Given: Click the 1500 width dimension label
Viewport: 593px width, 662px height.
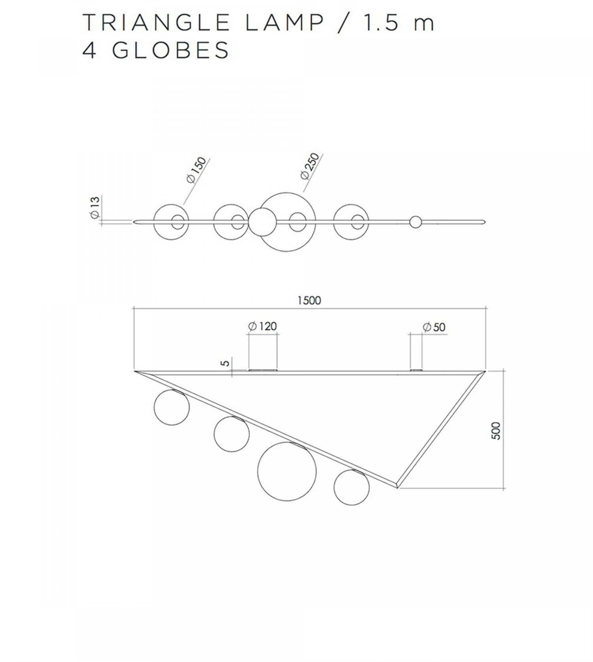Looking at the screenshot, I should (309, 301).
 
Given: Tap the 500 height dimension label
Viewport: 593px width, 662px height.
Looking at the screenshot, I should (496, 431).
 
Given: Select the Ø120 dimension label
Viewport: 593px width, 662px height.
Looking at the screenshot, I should (263, 326).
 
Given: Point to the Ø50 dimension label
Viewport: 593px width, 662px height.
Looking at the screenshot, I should (434, 327).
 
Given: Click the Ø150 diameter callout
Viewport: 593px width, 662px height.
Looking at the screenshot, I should (196, 170).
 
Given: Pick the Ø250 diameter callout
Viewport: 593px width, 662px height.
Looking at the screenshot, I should (310, 166).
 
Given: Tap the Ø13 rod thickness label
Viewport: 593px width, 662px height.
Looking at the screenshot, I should (95, 208).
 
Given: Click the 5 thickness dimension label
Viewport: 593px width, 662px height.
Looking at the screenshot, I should (225, 363).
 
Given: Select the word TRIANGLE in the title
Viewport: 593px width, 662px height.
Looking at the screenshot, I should (156, 23).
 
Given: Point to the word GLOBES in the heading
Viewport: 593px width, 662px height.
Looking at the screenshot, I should (170, 51).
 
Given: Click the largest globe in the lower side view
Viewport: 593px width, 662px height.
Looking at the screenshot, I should (287, 471).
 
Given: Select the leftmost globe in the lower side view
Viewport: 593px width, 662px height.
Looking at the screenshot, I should (172, 407).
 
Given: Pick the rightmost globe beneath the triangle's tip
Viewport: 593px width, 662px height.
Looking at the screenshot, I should (351, 487).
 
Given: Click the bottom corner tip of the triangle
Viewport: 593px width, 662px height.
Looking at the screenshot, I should (397, 487).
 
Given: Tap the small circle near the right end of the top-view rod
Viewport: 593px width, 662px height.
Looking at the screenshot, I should (415, 222).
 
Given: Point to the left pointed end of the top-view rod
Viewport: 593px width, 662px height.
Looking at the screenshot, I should (135, 222).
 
